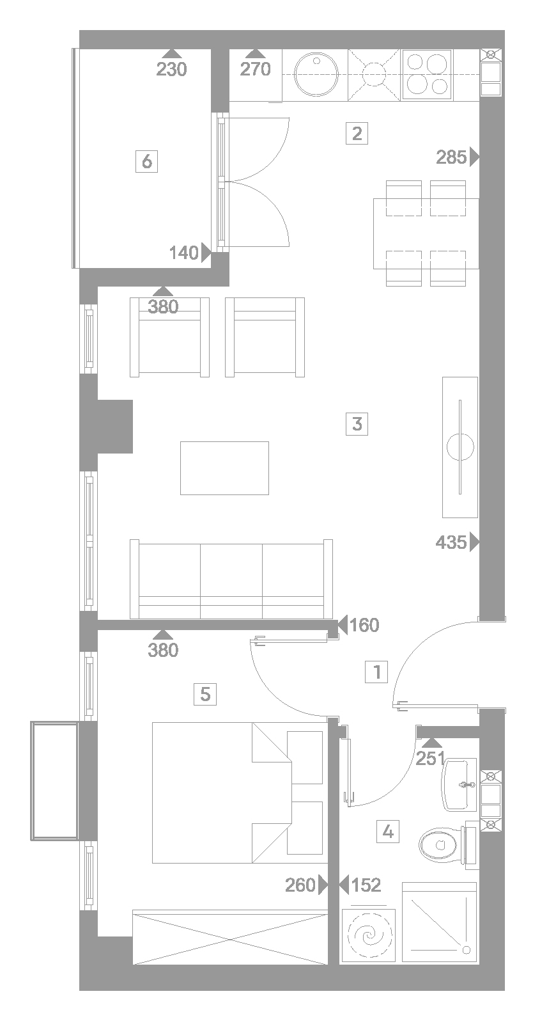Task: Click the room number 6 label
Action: click(147, 161)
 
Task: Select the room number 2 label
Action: click(357, 133)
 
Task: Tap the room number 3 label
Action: click(357, 423)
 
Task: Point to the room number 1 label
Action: click(376, 672)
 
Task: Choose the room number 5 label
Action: click(205, 694)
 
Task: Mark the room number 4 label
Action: click(388, 832)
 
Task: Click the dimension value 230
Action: click(172, 70)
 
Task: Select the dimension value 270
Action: click(256, 70)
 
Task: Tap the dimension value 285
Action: click(451, 157)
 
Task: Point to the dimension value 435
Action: click(451, 542)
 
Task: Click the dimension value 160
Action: click(364, 625)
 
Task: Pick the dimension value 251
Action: click(430, 759)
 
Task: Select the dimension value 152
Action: click(366, 885)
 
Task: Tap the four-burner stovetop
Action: click(427, 75)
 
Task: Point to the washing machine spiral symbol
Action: click(369, 936)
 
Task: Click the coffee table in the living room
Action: click(224, 468)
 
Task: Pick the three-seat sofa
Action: click(231, 579)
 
